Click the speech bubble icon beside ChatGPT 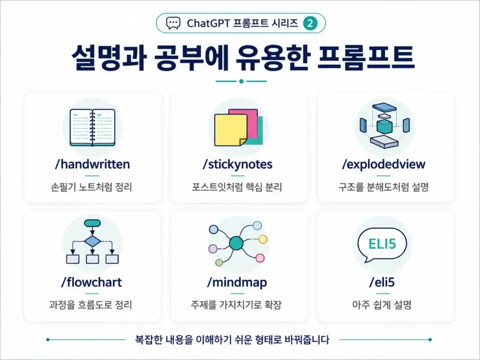(173, 23)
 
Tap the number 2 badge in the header (310, 23)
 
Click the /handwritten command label (92, 165)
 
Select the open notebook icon (92, 127)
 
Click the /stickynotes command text (238, 165)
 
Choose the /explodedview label (383, 165)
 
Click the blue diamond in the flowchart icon (92, 241)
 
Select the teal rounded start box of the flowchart (92, 223)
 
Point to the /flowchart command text (91, 282)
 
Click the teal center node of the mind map (236, 244)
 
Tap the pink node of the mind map (260, 258)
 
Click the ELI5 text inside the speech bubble (382, 244)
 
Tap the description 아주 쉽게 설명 (382, 305)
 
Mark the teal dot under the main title (241, 82)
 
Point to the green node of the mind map (219, 262)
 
